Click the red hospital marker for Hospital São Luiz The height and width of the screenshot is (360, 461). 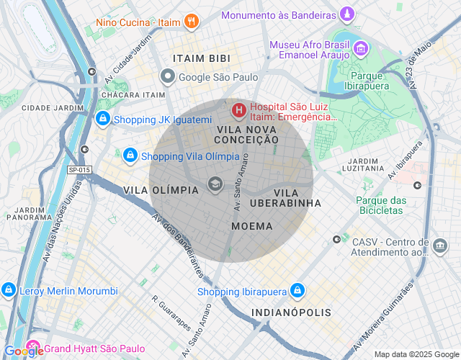[x=238, y=111]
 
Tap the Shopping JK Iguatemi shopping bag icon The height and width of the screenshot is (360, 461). [x=103, y=120]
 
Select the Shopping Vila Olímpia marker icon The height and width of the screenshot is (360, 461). [x=130, y=156]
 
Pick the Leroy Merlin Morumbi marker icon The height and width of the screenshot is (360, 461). [x=9, y=291]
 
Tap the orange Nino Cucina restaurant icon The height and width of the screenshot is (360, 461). [x=191, y=22]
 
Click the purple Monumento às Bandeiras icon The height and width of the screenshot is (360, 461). [x=349, y=14]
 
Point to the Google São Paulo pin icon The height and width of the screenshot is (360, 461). [x=167, y=76]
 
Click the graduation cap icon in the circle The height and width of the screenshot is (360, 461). [x=215, y=184]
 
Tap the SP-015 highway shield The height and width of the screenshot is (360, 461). [x=79, y=170]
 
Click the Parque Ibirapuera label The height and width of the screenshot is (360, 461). [x=370, y=81]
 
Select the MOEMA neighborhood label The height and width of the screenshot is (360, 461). [x=252, y=226]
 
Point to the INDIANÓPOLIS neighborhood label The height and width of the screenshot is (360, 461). [x=292, y=312]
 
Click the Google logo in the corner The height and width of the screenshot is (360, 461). [x=23, y=351]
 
